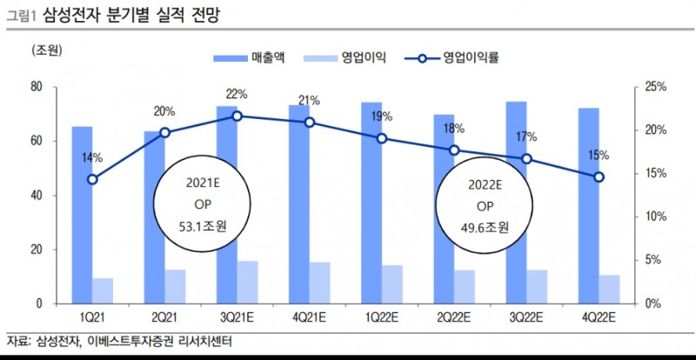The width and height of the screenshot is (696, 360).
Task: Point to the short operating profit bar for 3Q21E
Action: pos(248,282)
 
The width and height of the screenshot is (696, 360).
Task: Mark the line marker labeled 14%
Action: pos(92,179)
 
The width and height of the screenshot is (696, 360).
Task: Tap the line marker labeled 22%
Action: pos(238,116)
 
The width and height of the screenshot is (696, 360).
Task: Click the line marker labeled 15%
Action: pos(599,177)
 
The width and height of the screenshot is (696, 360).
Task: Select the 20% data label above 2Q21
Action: pos(164,111)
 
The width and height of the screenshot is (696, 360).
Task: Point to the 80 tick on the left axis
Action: pos(37,87)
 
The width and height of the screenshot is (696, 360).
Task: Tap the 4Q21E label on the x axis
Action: pos(310,316)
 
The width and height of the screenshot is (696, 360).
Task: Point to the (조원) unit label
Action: pos(45,52)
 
